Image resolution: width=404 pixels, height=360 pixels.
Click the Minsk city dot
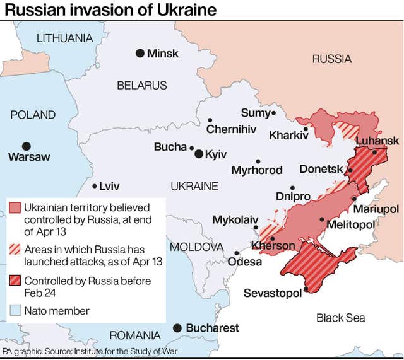tap(140, 53)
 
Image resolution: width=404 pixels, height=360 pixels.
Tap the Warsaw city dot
tap(26, 146)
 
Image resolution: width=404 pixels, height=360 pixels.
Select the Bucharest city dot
tap(177, 328)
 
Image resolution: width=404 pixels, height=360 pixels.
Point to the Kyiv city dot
tap(199, 154)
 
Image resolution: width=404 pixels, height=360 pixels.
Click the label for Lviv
tap(109, 186)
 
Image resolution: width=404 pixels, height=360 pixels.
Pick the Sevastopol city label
tap(272, 294)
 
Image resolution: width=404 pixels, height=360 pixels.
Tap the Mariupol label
tap(376, 209)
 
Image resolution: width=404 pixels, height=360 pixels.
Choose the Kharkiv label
tap(288, 135)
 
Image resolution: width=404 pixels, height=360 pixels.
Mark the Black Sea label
tap(340, 318)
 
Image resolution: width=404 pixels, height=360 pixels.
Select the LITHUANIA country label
tap(64, 38)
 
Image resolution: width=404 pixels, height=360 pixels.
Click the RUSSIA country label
tap(331, 59)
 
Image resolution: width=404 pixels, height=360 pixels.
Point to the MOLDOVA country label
tap(196, 246)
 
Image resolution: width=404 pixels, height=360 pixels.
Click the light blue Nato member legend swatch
tap(16, 310)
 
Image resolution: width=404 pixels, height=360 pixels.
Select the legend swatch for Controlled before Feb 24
tap(16, 281)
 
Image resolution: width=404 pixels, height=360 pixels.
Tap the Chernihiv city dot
tap(210, 120)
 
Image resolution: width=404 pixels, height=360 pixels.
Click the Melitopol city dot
tap(322, 219)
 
